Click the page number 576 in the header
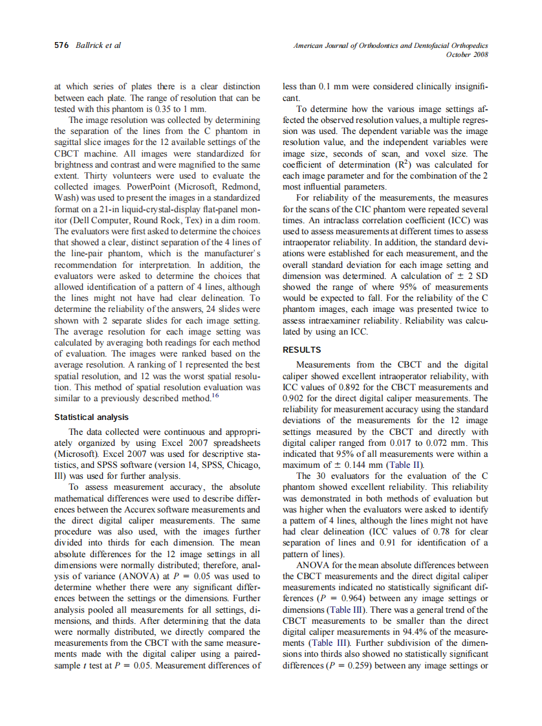point(63,45)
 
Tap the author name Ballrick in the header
point(91,45)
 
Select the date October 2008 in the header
point(467,54)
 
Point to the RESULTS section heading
point(302,350)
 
